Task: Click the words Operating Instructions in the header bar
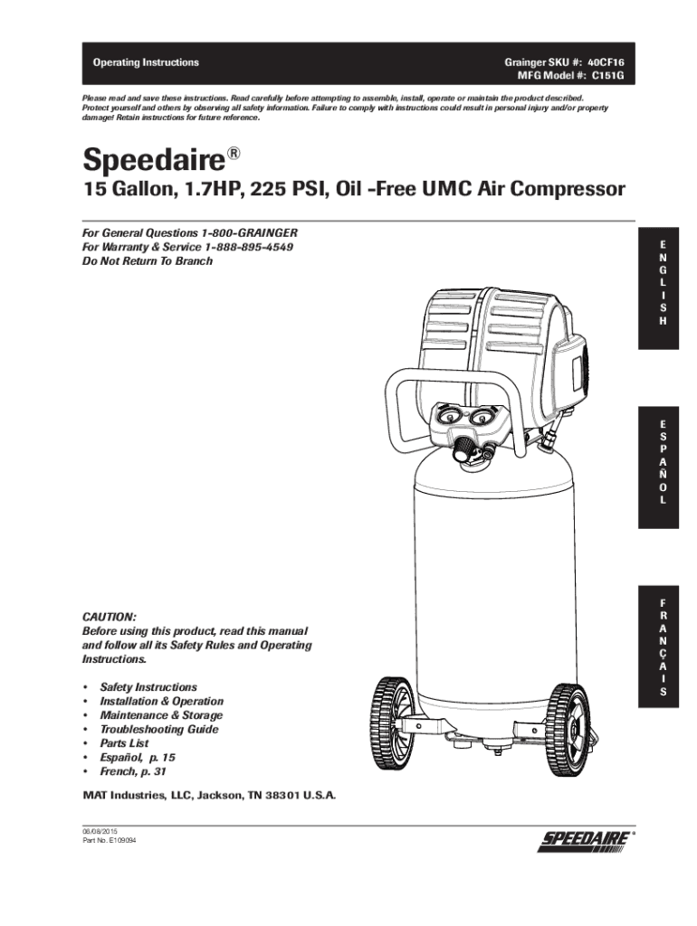click(x=146, y=62)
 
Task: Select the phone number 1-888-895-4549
click(x=250, y=247)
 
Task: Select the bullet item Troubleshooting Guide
click(x=158, y=729)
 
